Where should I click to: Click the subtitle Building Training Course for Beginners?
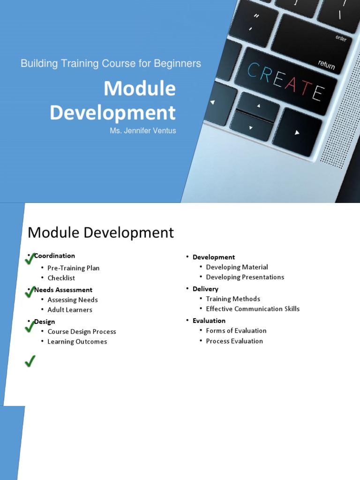tap(111, 63)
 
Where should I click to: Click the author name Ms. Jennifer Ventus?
tap(143, 131)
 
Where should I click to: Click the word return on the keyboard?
tap(326, 65)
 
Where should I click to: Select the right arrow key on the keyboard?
tap(297, 133)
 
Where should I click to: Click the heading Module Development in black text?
tap(101, 232)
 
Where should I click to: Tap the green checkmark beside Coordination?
tap(30, 258)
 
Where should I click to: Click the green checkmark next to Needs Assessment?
tap(30, 292)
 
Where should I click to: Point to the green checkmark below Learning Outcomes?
tap(30, 361)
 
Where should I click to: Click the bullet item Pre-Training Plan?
tap(73, 268)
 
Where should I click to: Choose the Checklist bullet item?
tap(61, 278)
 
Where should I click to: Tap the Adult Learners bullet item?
tap(69, 310)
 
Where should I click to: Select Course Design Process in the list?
tap(82, 332)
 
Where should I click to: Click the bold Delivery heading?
tap(205, 289)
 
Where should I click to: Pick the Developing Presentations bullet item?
tap(245, 277)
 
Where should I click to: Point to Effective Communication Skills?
tap(253, 309)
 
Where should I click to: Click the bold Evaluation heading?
tap(209, 321)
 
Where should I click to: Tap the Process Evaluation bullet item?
tap(234, 341)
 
